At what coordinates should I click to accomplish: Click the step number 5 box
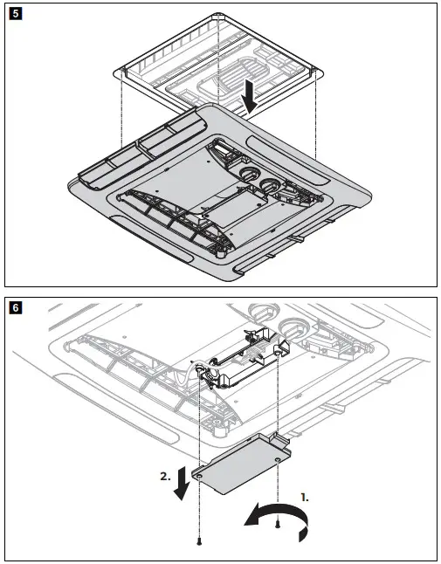(x=15, y=16)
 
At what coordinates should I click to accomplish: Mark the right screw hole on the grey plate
(x=278, y=454)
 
